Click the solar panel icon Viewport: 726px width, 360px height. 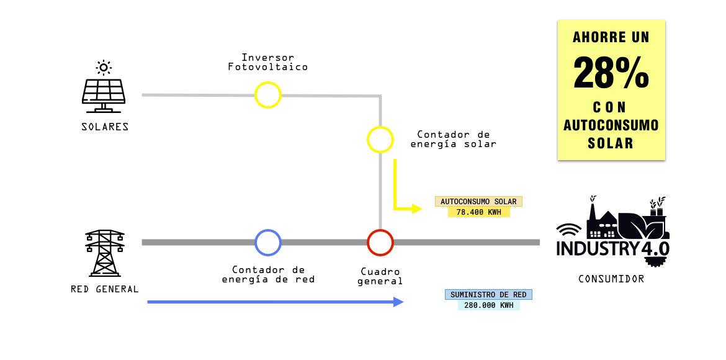click(103, 96)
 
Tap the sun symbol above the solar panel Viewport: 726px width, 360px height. click(104, 68)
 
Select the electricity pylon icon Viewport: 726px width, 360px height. click(105, 253)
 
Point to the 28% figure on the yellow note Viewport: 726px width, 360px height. click(611, 73)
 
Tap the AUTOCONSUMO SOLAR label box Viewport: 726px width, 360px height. click(478, 202)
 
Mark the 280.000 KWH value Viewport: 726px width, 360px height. click(488, 305)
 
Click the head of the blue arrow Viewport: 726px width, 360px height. click(398, 302)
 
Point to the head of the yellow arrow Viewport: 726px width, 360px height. click(417, 209)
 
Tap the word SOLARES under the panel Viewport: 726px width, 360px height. click(105, 127)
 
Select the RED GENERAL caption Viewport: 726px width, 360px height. click(105, 289)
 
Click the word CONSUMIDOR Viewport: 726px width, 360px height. click(611, 279)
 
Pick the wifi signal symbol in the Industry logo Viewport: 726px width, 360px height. click(568, 230)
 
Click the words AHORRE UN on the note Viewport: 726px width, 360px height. click(611, 37)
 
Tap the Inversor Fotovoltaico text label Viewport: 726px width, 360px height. click(267, 62)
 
